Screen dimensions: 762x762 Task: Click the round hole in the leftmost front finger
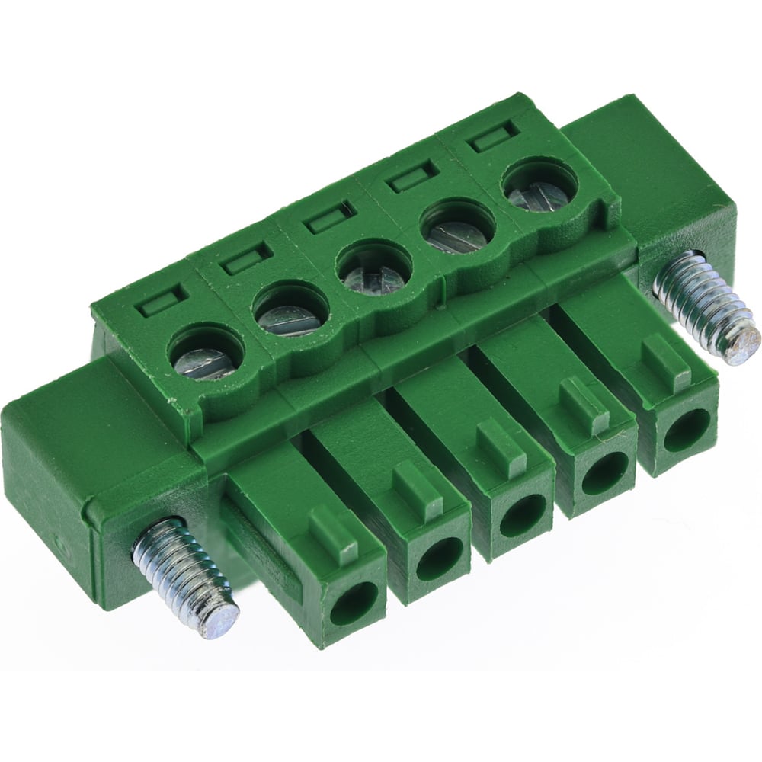353,602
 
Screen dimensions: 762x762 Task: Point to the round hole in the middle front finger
523,515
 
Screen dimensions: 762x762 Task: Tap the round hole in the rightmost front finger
685,431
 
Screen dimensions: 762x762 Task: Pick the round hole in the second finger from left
439,559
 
